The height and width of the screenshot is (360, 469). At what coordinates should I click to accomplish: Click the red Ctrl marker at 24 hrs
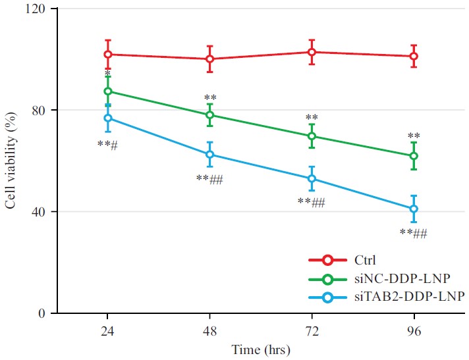(x=108, y=54)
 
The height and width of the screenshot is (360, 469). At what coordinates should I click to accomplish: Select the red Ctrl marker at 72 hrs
(x=312, y=52)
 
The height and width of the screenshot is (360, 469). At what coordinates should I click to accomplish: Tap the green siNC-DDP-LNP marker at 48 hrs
(x=210, y=115)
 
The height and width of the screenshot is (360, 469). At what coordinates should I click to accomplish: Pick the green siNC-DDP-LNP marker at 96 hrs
(x=414, y=156)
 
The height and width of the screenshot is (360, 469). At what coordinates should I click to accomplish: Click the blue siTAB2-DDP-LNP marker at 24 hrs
(x=108, y=118)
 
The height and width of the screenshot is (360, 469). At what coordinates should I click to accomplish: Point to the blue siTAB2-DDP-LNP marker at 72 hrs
(x=312, y=178)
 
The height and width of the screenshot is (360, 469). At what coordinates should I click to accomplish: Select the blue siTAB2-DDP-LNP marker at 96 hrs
(x=414, y=209)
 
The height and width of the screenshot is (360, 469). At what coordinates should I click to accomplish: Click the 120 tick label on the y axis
(x=37, y=9)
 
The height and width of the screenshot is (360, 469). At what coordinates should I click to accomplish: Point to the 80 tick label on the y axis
(x=40, y=110)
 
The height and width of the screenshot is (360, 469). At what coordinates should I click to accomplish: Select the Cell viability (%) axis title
(x=11, y=162)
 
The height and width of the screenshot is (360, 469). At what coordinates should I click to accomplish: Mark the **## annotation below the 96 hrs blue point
(x=414, y=232)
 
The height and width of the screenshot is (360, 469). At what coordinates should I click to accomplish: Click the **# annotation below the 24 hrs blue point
(x=107, y=144)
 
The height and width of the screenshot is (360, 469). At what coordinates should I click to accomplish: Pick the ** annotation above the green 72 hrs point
(x=312, y=118)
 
